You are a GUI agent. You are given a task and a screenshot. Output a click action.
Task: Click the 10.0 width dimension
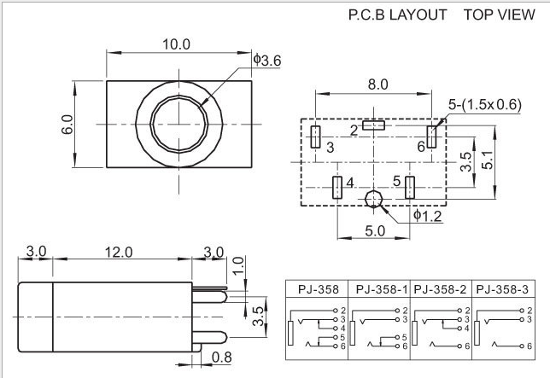[x=178, y=44]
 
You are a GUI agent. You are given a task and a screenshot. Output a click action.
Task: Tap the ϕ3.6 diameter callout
[x=267, y=60]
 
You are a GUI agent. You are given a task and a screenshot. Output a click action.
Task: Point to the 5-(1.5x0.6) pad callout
[x=485, y=105]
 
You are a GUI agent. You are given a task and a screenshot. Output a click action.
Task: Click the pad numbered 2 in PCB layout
[x=373, y=126]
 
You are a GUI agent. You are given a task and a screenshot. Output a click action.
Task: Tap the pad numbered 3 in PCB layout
[x=316, y=137]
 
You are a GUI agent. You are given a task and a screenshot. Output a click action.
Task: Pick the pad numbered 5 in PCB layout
[x=410, y=187]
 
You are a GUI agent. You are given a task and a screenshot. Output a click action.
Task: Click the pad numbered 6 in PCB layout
[x=432, y=137]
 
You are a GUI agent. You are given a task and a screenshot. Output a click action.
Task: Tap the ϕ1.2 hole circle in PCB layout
[x=373, y=201]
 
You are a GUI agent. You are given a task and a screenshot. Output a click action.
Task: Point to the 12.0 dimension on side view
[x=119, y=252]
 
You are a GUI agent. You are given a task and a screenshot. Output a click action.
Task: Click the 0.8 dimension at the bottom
[x=220, y=357]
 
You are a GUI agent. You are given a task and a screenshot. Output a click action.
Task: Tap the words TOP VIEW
[x=500, y=15]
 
